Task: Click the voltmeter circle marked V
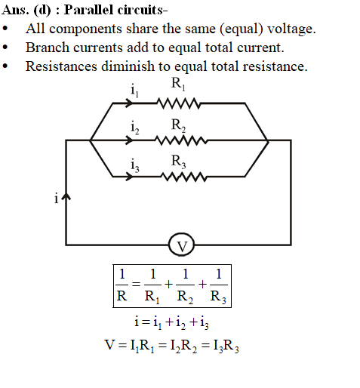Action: tap(181, 245)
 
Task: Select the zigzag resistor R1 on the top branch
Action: tap(178, 103)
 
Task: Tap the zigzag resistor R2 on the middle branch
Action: tap(181, 140)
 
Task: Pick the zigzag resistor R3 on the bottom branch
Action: tap(184, 177)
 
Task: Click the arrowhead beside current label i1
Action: tap(129, 103)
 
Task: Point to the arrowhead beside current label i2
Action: tap(129, 140)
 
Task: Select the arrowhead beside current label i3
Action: tap(129, 177)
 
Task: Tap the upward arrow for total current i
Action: tap(66, 197)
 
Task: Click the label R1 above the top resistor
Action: tap(178, 84)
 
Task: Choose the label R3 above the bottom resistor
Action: tap(178, 162)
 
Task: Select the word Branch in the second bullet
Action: tap(48, 48)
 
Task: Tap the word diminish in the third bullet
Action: tap(128, 66)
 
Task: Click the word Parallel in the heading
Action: tap(88, 10)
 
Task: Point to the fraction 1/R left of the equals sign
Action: tap(122, 285)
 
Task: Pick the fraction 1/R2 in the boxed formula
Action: tap(185, 286)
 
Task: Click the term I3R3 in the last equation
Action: tap(226, 346)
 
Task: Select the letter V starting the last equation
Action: tap(109, 345)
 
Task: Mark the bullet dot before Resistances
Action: tap(5, 66)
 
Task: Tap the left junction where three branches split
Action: tap(91, 140)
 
